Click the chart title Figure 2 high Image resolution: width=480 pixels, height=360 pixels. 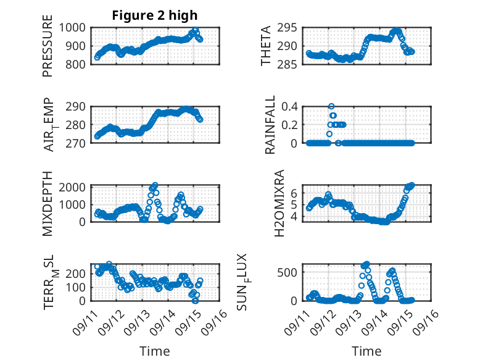(x=155, y=15)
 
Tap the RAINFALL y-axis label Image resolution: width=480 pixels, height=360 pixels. (x=271, y=126)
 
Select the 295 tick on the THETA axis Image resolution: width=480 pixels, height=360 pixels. (x=290, y=27)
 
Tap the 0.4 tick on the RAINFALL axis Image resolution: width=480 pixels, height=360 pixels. (x=290, y=106)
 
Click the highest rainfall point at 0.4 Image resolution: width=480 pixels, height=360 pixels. (x=331, y=106)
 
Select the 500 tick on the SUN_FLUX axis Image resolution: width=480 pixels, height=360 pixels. (x=290, y=272)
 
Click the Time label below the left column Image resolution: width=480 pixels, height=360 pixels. (x=155, y=351)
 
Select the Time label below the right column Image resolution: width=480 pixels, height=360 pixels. (x=366, y=351)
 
